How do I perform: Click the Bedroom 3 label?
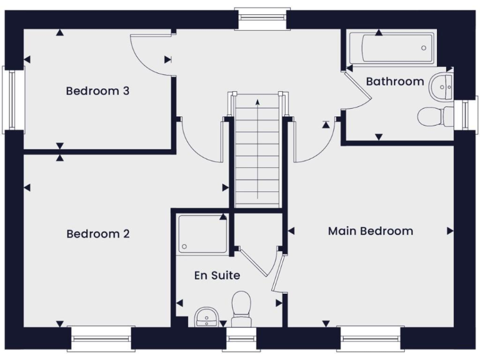[x=97, y=91]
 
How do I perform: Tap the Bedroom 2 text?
[x=97, y=234]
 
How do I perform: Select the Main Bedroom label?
[x=370, y=231]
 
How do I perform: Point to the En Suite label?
[x=217, y=275]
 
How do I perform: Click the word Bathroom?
[x=394, y=81]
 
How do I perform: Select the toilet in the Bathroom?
[x=436, y=116]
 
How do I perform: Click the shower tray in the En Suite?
[x=202, y=234]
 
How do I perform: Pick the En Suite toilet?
[x=241, y=307]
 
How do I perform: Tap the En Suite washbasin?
[x=206, y=317]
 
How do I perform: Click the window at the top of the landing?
[x=262, y=19]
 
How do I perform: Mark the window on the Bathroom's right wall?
[x=466, y=113]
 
